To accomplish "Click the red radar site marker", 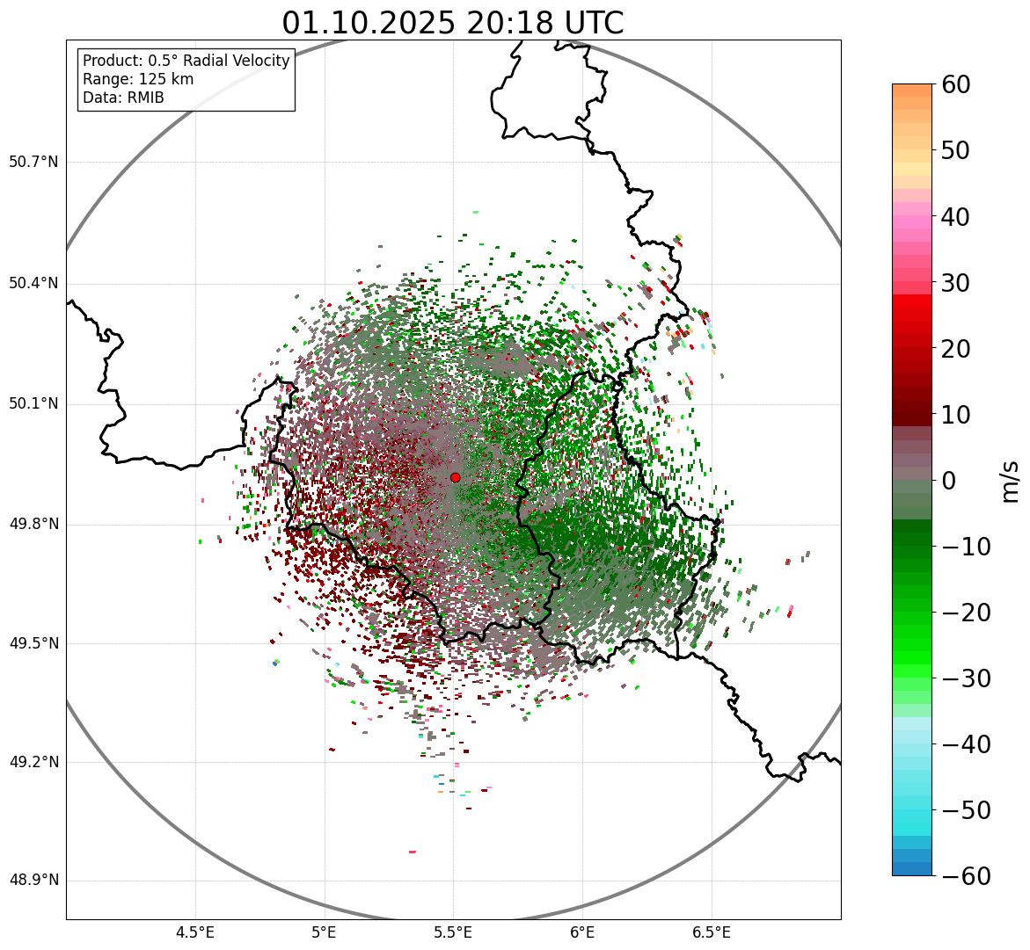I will point(455,477).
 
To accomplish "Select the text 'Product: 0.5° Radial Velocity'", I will point(186,61).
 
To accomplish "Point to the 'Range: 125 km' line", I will point(138,79).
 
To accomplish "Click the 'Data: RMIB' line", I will point(123,98).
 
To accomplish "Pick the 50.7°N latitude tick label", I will point(33,163).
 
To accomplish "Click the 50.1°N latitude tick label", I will point(33,404).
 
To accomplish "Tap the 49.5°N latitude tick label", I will point(33,643).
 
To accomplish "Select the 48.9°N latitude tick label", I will point(33,881).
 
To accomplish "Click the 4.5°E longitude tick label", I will point(195,932).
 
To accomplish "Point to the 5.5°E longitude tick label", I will point(453,932).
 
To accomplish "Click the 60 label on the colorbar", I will point(956,84).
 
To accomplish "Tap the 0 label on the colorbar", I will point(949,481).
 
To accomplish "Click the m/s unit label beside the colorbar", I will point(1011,481).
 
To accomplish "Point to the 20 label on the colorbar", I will point(956,349).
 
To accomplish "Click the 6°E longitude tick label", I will point(581,932).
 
